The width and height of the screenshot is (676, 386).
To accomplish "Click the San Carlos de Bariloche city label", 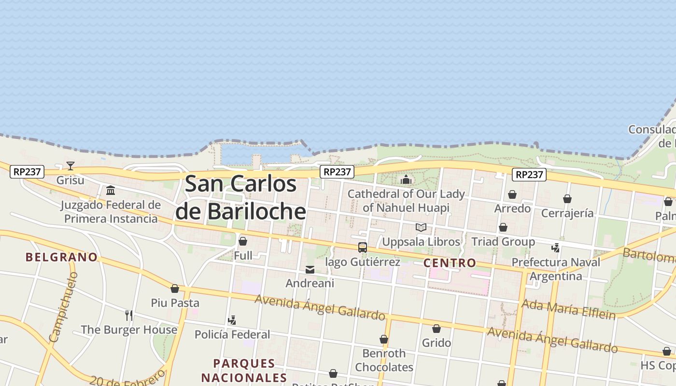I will click(240, 197).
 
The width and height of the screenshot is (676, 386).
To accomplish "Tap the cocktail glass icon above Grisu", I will click(70, 166).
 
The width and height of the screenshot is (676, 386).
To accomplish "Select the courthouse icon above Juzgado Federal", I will click(111, 190).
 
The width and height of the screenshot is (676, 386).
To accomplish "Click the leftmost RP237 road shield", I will click(27, 171).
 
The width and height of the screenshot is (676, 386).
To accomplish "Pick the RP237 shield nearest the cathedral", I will click(337, 172).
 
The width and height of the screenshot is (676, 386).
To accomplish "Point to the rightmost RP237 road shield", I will click(529, 175).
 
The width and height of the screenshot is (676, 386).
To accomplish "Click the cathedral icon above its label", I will click(406, 180).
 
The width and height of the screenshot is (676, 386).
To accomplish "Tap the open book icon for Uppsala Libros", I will click(421, 227).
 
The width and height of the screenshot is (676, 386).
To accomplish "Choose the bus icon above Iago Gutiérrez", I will click(363, 248).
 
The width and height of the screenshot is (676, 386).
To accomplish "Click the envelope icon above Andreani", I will click(310, 270).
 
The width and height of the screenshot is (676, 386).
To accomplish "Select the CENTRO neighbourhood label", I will click(450, 263).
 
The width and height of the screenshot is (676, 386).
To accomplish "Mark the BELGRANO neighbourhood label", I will click(62, 257).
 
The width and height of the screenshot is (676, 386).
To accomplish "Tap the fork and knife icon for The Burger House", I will click(129, 316).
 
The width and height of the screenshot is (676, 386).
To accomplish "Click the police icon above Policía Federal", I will click(232, 320).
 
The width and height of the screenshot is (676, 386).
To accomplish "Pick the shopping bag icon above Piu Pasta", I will click(175, 289).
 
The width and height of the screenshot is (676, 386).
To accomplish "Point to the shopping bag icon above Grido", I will click(437, 329).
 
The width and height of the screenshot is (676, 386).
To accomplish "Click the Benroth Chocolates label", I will click(384, 360).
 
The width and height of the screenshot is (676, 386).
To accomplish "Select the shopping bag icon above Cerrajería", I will click(567, 199).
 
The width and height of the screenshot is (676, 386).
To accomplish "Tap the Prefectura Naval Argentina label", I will click(556, 269).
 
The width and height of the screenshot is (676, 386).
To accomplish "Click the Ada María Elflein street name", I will click(569, 309).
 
